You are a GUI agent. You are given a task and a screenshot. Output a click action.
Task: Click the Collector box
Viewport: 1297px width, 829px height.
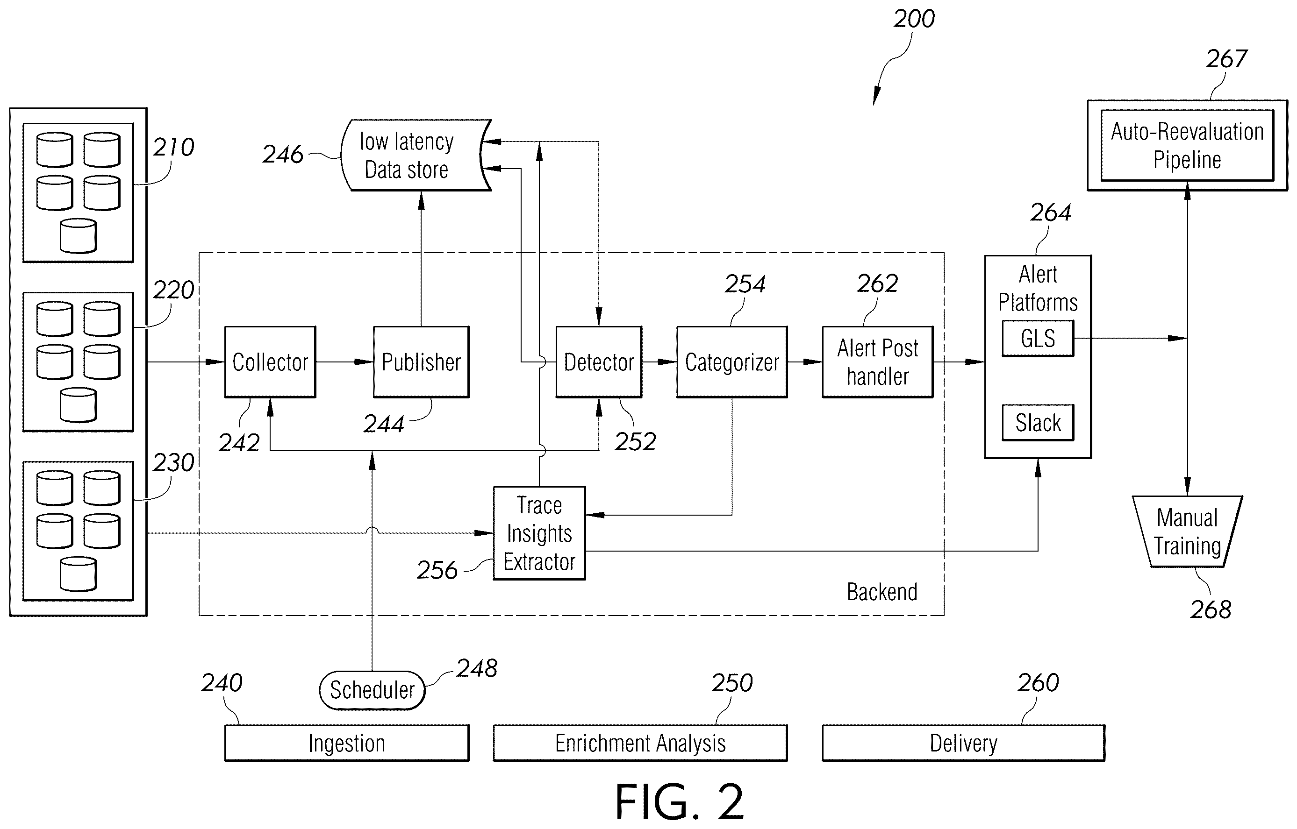[270, 362]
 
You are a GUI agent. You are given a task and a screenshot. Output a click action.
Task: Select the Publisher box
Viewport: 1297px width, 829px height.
[421, 362]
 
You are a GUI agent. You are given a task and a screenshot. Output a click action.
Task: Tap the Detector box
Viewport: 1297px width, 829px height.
[598, 362]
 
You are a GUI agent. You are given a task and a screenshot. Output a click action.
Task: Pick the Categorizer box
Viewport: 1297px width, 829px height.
[732, 362]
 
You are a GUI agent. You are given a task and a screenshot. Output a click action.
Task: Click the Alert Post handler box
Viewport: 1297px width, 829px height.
[877, 362]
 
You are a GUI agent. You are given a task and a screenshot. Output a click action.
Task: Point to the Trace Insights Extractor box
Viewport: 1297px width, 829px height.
[539, 533]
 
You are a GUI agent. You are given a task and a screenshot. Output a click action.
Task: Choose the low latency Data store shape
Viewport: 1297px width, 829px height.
[416, 155]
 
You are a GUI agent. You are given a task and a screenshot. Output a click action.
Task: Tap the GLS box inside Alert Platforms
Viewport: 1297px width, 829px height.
[1038, 339]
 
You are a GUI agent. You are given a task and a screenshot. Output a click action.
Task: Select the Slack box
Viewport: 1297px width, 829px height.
[1038, 423]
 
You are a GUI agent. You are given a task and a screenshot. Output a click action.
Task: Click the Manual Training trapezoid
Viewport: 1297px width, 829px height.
[1187, 531]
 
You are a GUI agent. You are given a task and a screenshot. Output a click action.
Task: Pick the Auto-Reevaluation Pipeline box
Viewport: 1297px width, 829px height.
[1187, 145]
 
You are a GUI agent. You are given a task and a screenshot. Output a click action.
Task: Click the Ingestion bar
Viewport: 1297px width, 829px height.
[347, 743]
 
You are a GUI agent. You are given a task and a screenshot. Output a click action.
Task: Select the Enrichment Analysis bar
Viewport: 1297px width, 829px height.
[640, 743]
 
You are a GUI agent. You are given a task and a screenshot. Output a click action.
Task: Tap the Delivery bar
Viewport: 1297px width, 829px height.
[964, 743]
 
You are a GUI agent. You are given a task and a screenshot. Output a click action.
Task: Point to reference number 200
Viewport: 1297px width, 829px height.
[914, 19]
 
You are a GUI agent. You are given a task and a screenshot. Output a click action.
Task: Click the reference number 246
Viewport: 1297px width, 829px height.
[283, 155]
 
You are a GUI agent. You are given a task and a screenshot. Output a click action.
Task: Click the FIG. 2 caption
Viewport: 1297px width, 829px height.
[680, 801]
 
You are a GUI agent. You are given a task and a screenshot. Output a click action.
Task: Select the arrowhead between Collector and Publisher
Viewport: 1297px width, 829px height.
[364, 362]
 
